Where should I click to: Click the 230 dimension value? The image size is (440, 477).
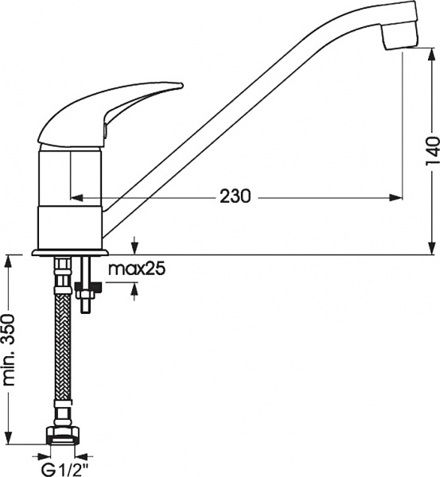click(236, 196)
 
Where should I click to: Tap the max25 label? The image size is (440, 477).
click(136, 270)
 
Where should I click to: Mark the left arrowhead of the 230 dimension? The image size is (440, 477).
click(76, 196)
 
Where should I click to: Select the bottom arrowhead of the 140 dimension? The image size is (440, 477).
click(431, 248)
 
